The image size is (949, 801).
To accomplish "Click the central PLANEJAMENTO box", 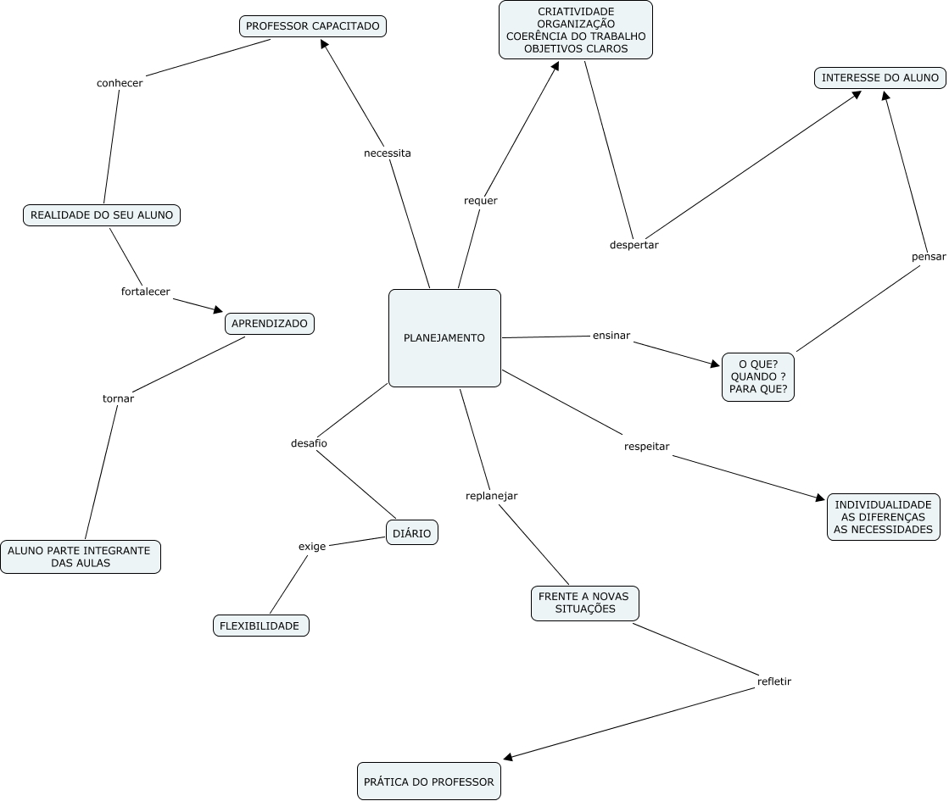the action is (444, 337).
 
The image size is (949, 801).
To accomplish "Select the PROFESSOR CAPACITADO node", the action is (312, 26).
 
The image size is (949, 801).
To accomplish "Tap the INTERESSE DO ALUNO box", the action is (880, 77).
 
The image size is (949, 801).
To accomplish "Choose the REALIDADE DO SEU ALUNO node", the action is (102, 214).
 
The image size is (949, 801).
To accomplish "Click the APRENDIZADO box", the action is (270, 323).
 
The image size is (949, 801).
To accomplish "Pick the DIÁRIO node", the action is (411, 533).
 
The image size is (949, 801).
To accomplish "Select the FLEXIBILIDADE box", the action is (261, 626).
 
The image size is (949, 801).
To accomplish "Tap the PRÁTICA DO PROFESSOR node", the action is (428, 782).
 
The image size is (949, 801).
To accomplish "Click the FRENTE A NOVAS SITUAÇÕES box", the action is (584, 604).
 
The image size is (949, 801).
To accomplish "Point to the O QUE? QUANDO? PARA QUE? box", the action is (757, 377).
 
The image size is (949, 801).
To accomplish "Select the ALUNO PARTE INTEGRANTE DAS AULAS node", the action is (81, 557).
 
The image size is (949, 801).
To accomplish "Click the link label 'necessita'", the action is (388, 153).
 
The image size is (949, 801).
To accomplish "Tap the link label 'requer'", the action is (481, 200).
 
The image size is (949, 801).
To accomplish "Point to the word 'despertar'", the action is (634, 245).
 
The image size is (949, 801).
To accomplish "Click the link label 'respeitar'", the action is (646, 447).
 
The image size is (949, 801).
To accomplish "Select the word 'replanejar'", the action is (491, 496).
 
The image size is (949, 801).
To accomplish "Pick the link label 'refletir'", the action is (774, 681).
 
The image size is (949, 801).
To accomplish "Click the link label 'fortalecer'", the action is (145, 292).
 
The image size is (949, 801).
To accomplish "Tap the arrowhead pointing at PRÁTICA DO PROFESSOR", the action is (508, 756).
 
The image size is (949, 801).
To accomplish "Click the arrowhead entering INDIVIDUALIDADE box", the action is (820, 498).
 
